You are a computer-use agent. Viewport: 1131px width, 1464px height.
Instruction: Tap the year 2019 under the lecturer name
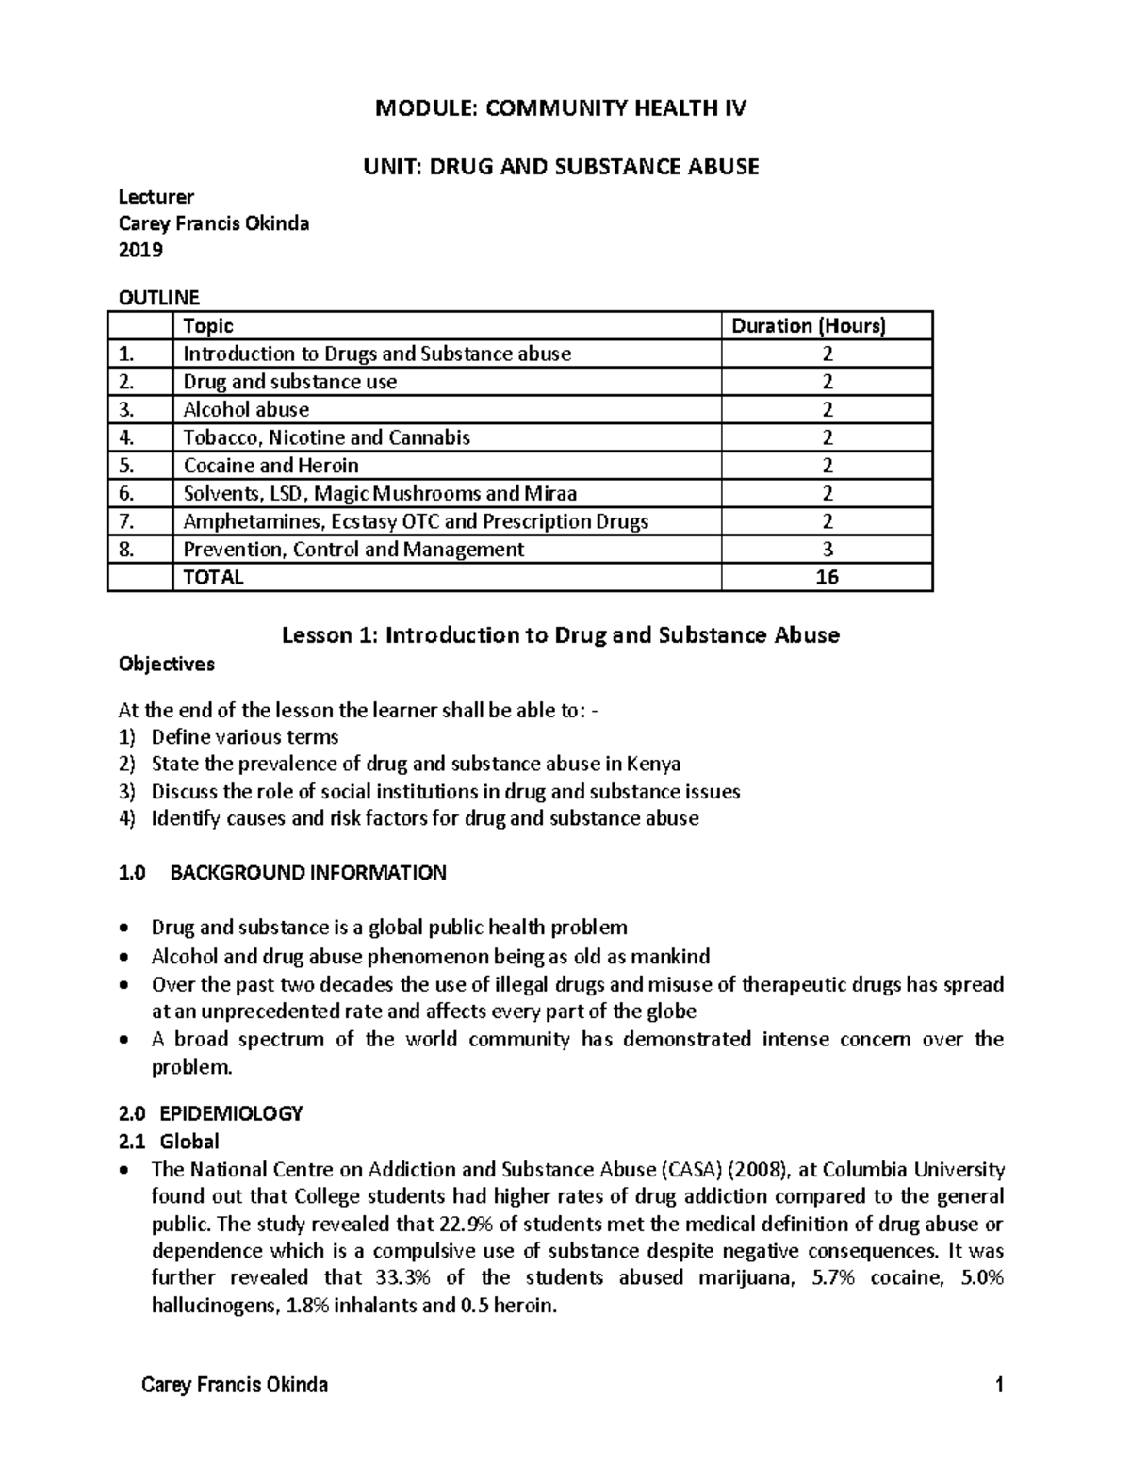click(139, 250)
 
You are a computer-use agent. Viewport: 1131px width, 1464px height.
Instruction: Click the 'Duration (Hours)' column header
click(809, 326)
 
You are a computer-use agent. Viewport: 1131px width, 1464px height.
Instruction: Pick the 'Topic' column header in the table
click(207, 326)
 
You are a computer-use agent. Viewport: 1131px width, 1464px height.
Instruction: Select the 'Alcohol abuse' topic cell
click(246, 409)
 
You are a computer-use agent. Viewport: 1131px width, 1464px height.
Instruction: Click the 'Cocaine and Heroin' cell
click(270, 466)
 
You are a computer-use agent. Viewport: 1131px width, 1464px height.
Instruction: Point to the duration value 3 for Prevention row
click(827, 550)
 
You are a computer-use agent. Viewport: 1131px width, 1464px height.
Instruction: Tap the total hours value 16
click(827, 577)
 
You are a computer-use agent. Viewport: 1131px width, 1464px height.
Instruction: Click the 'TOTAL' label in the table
click(213, 577)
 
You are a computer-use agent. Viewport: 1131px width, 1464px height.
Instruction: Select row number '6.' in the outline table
click(127, 493)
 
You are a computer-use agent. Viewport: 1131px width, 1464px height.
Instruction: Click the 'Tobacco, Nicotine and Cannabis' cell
click(326, 437)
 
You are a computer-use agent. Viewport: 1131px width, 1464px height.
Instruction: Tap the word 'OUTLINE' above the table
click(158, 298)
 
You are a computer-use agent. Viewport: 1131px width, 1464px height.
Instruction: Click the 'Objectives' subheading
click(166, 665)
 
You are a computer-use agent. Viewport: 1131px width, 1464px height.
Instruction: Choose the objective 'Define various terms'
click(245, 737)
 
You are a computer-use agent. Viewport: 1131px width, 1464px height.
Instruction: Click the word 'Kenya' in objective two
click(652, 765)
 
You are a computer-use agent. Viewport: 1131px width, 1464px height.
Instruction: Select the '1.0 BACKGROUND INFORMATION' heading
click(282, 873)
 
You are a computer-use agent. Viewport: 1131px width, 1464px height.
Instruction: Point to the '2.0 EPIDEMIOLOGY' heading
click(210, 1113)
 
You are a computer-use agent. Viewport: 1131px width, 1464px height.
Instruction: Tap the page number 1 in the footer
click(998, 1385)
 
